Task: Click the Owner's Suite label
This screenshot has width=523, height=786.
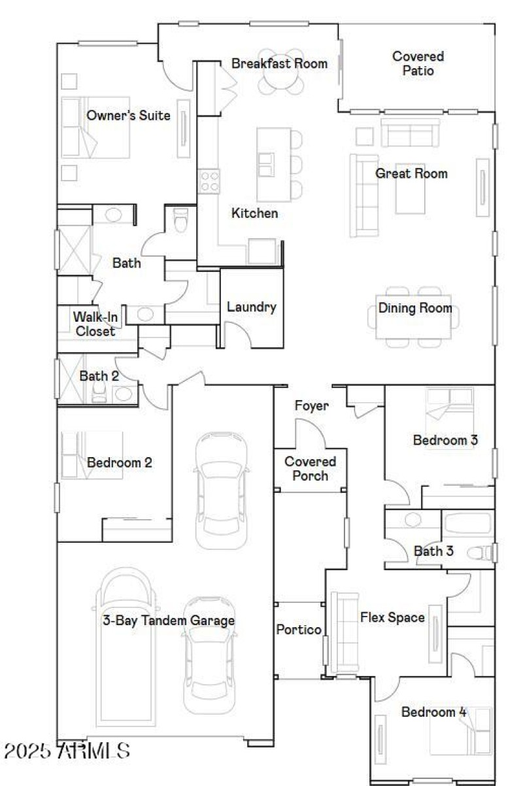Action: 128,116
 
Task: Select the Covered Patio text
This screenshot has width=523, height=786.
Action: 418,63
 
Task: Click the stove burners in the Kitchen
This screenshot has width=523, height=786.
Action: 209,180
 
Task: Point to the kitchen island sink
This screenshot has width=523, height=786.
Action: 266,163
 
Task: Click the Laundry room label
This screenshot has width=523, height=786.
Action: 251,307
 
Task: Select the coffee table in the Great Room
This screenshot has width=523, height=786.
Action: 411,189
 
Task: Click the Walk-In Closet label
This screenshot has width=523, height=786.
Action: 95,324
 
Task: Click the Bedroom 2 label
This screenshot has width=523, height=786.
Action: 120,462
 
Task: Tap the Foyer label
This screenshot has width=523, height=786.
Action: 311,406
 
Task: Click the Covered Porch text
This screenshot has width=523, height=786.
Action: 310,469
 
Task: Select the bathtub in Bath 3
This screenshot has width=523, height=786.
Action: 467,524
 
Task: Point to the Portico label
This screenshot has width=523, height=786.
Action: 298,630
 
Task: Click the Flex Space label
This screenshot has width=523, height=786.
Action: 392,617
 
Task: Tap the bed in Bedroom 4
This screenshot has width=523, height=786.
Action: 461,731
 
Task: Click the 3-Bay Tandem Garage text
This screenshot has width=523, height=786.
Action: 169,621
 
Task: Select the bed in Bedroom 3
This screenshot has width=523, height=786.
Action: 449,412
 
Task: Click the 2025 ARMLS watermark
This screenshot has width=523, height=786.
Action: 67,751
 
